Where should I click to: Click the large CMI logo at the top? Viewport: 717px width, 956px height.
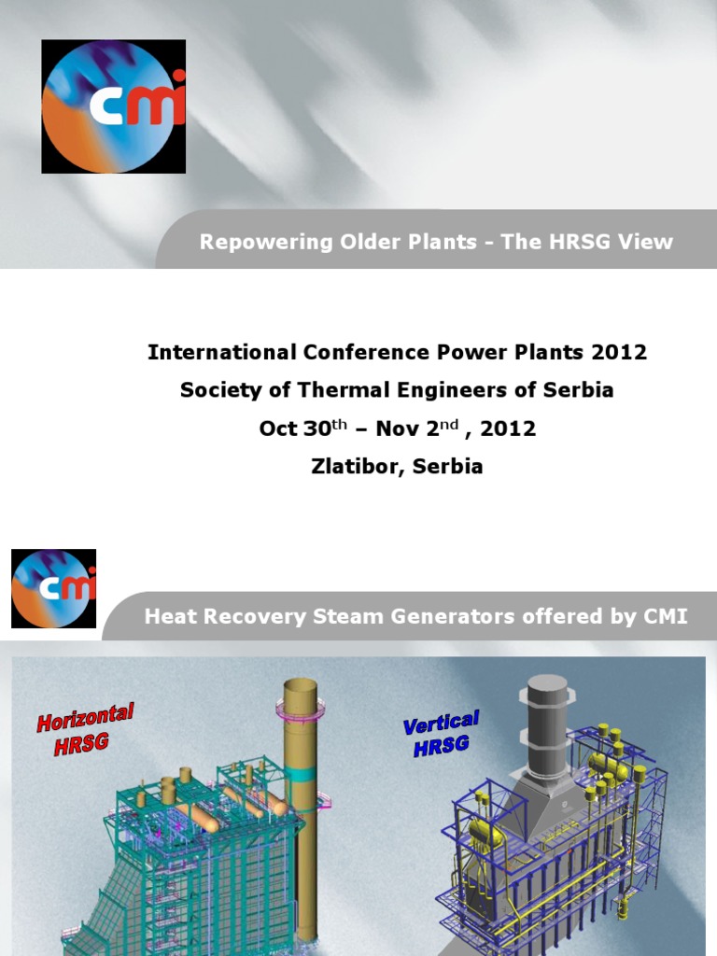coord(113,106)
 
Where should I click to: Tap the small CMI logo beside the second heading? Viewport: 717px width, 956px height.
coord(53,588)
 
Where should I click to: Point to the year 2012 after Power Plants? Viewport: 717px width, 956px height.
coord(623,353)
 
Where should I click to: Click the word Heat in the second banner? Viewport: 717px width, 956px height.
coord(169,617)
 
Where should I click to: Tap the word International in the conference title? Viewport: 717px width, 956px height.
coord(221,353)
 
